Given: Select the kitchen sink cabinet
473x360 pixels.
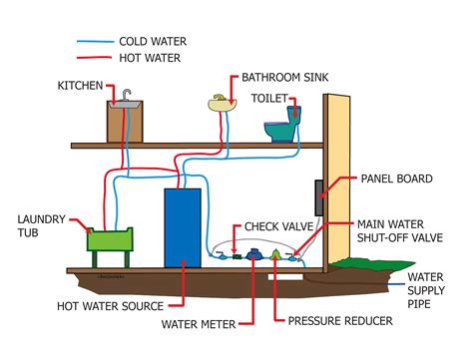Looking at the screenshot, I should tap(126, 122).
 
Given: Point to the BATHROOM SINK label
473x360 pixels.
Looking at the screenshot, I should tap(290, 77).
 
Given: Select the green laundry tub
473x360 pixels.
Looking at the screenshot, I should tap(112, 239).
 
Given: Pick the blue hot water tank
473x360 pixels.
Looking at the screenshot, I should tap(183, 227).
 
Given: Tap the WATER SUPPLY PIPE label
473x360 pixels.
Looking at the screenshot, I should tap(437, 289).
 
